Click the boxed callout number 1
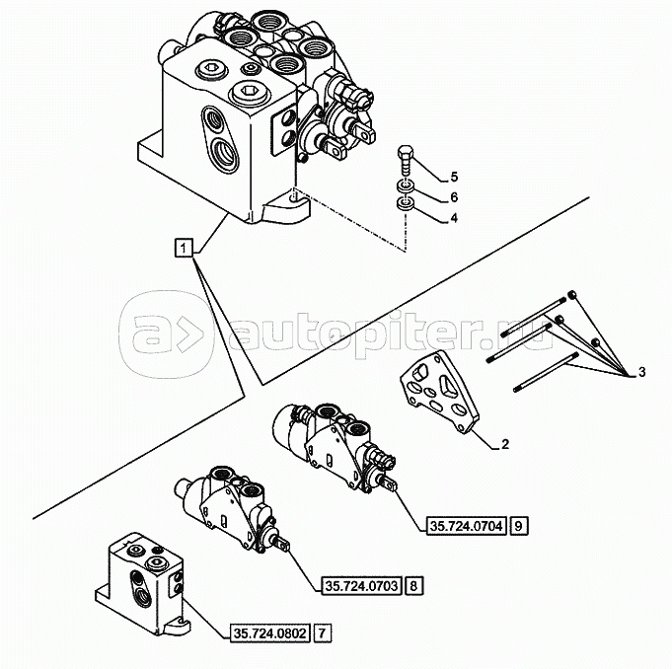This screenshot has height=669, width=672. [x=184, y=248]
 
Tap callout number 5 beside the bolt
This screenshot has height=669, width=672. [x=454, y=177]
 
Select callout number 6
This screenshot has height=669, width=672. [x=454, y=197]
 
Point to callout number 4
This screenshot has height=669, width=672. [x=454, y=218]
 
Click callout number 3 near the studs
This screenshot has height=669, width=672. [x=641, y=372]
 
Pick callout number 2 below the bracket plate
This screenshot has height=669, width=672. [x=505, y=444]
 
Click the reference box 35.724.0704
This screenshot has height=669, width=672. [x=467, y=525]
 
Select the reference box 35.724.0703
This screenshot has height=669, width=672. [x=362, y=585]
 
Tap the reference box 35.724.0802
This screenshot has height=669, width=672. [x=270, y=633]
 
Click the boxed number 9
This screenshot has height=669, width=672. [x=519, y=525]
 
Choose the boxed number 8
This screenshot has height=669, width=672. [x=413, y=585]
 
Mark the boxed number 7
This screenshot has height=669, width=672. [x=323, y=633]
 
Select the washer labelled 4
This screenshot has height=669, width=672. [x=405, y=204]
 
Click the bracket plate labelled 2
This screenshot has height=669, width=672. [x=439, y=393]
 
